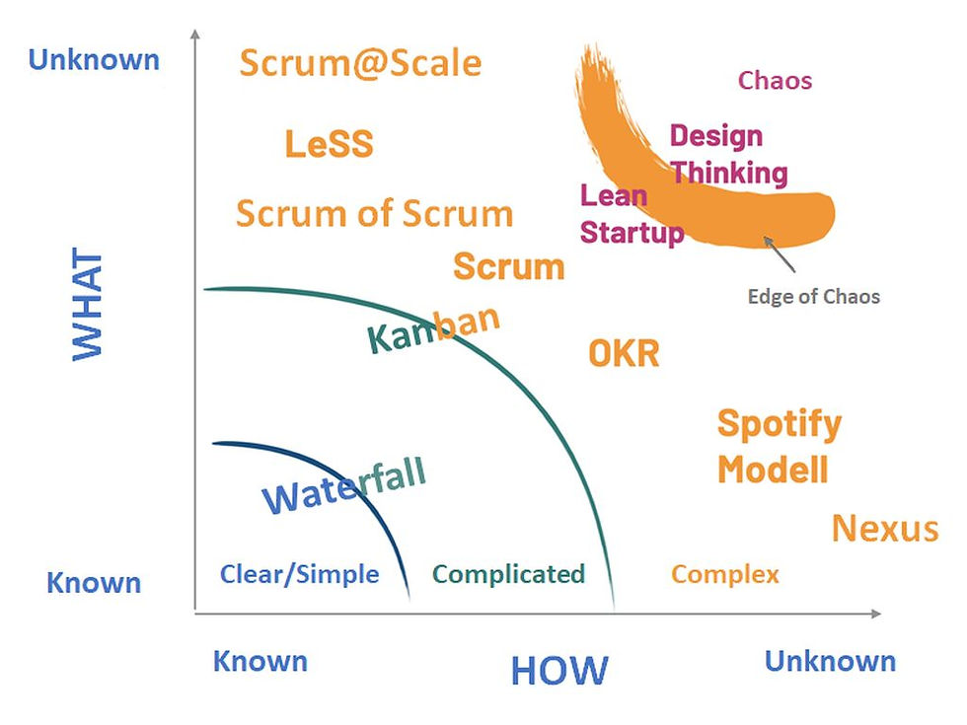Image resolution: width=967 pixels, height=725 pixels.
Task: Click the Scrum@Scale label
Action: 360,64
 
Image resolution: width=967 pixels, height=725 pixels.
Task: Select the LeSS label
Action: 329,144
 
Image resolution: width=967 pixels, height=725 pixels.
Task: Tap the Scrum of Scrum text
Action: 374,214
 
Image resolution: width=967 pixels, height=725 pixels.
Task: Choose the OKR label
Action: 624,353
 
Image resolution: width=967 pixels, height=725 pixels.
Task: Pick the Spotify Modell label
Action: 778,446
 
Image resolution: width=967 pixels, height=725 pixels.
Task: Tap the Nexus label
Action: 884,529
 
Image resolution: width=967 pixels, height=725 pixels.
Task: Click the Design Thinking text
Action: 728,155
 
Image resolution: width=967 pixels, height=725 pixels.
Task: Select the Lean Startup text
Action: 630,214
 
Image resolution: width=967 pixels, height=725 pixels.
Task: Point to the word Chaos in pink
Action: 775,81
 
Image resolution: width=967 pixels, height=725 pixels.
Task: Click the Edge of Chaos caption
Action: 813,296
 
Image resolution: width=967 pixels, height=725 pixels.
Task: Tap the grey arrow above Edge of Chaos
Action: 779,253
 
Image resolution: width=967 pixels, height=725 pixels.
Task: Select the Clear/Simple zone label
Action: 299,574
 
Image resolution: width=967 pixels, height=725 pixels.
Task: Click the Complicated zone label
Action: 508,574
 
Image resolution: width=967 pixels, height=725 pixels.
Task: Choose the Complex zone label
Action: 725,574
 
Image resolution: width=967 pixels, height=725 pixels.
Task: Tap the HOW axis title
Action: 559,671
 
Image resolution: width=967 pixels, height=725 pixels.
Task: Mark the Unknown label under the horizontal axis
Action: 830,661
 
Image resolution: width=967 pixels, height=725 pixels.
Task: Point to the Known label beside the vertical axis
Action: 94,583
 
